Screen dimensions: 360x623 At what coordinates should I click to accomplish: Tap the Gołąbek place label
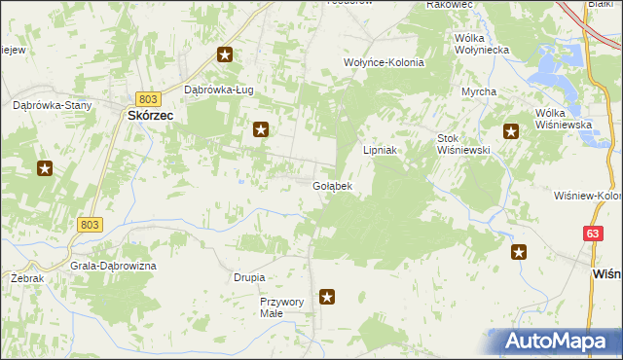point(332,185)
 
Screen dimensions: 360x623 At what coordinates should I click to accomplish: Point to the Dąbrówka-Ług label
point(219,90)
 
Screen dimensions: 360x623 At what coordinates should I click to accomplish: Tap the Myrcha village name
point(479,91)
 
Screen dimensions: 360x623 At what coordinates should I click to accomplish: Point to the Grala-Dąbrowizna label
point(113,266)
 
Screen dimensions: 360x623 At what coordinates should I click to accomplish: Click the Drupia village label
point(249,277)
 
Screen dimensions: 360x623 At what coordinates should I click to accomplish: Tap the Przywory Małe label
point(283,307)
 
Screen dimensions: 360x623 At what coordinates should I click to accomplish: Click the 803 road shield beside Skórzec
point(148,99)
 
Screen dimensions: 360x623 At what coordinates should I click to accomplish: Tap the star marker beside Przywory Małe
point(328,297)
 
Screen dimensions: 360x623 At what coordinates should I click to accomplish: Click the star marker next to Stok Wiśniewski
point(510,131)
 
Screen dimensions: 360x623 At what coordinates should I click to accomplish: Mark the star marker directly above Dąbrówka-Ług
point(225,55)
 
